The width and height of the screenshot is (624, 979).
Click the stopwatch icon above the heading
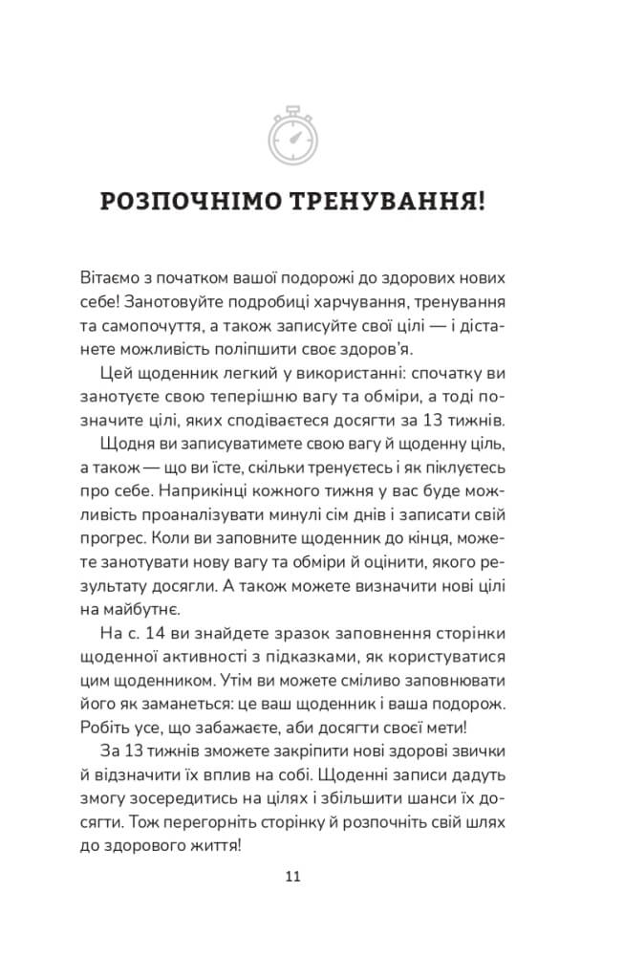[296, 136]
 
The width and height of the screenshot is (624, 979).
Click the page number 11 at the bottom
[294, 876]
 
